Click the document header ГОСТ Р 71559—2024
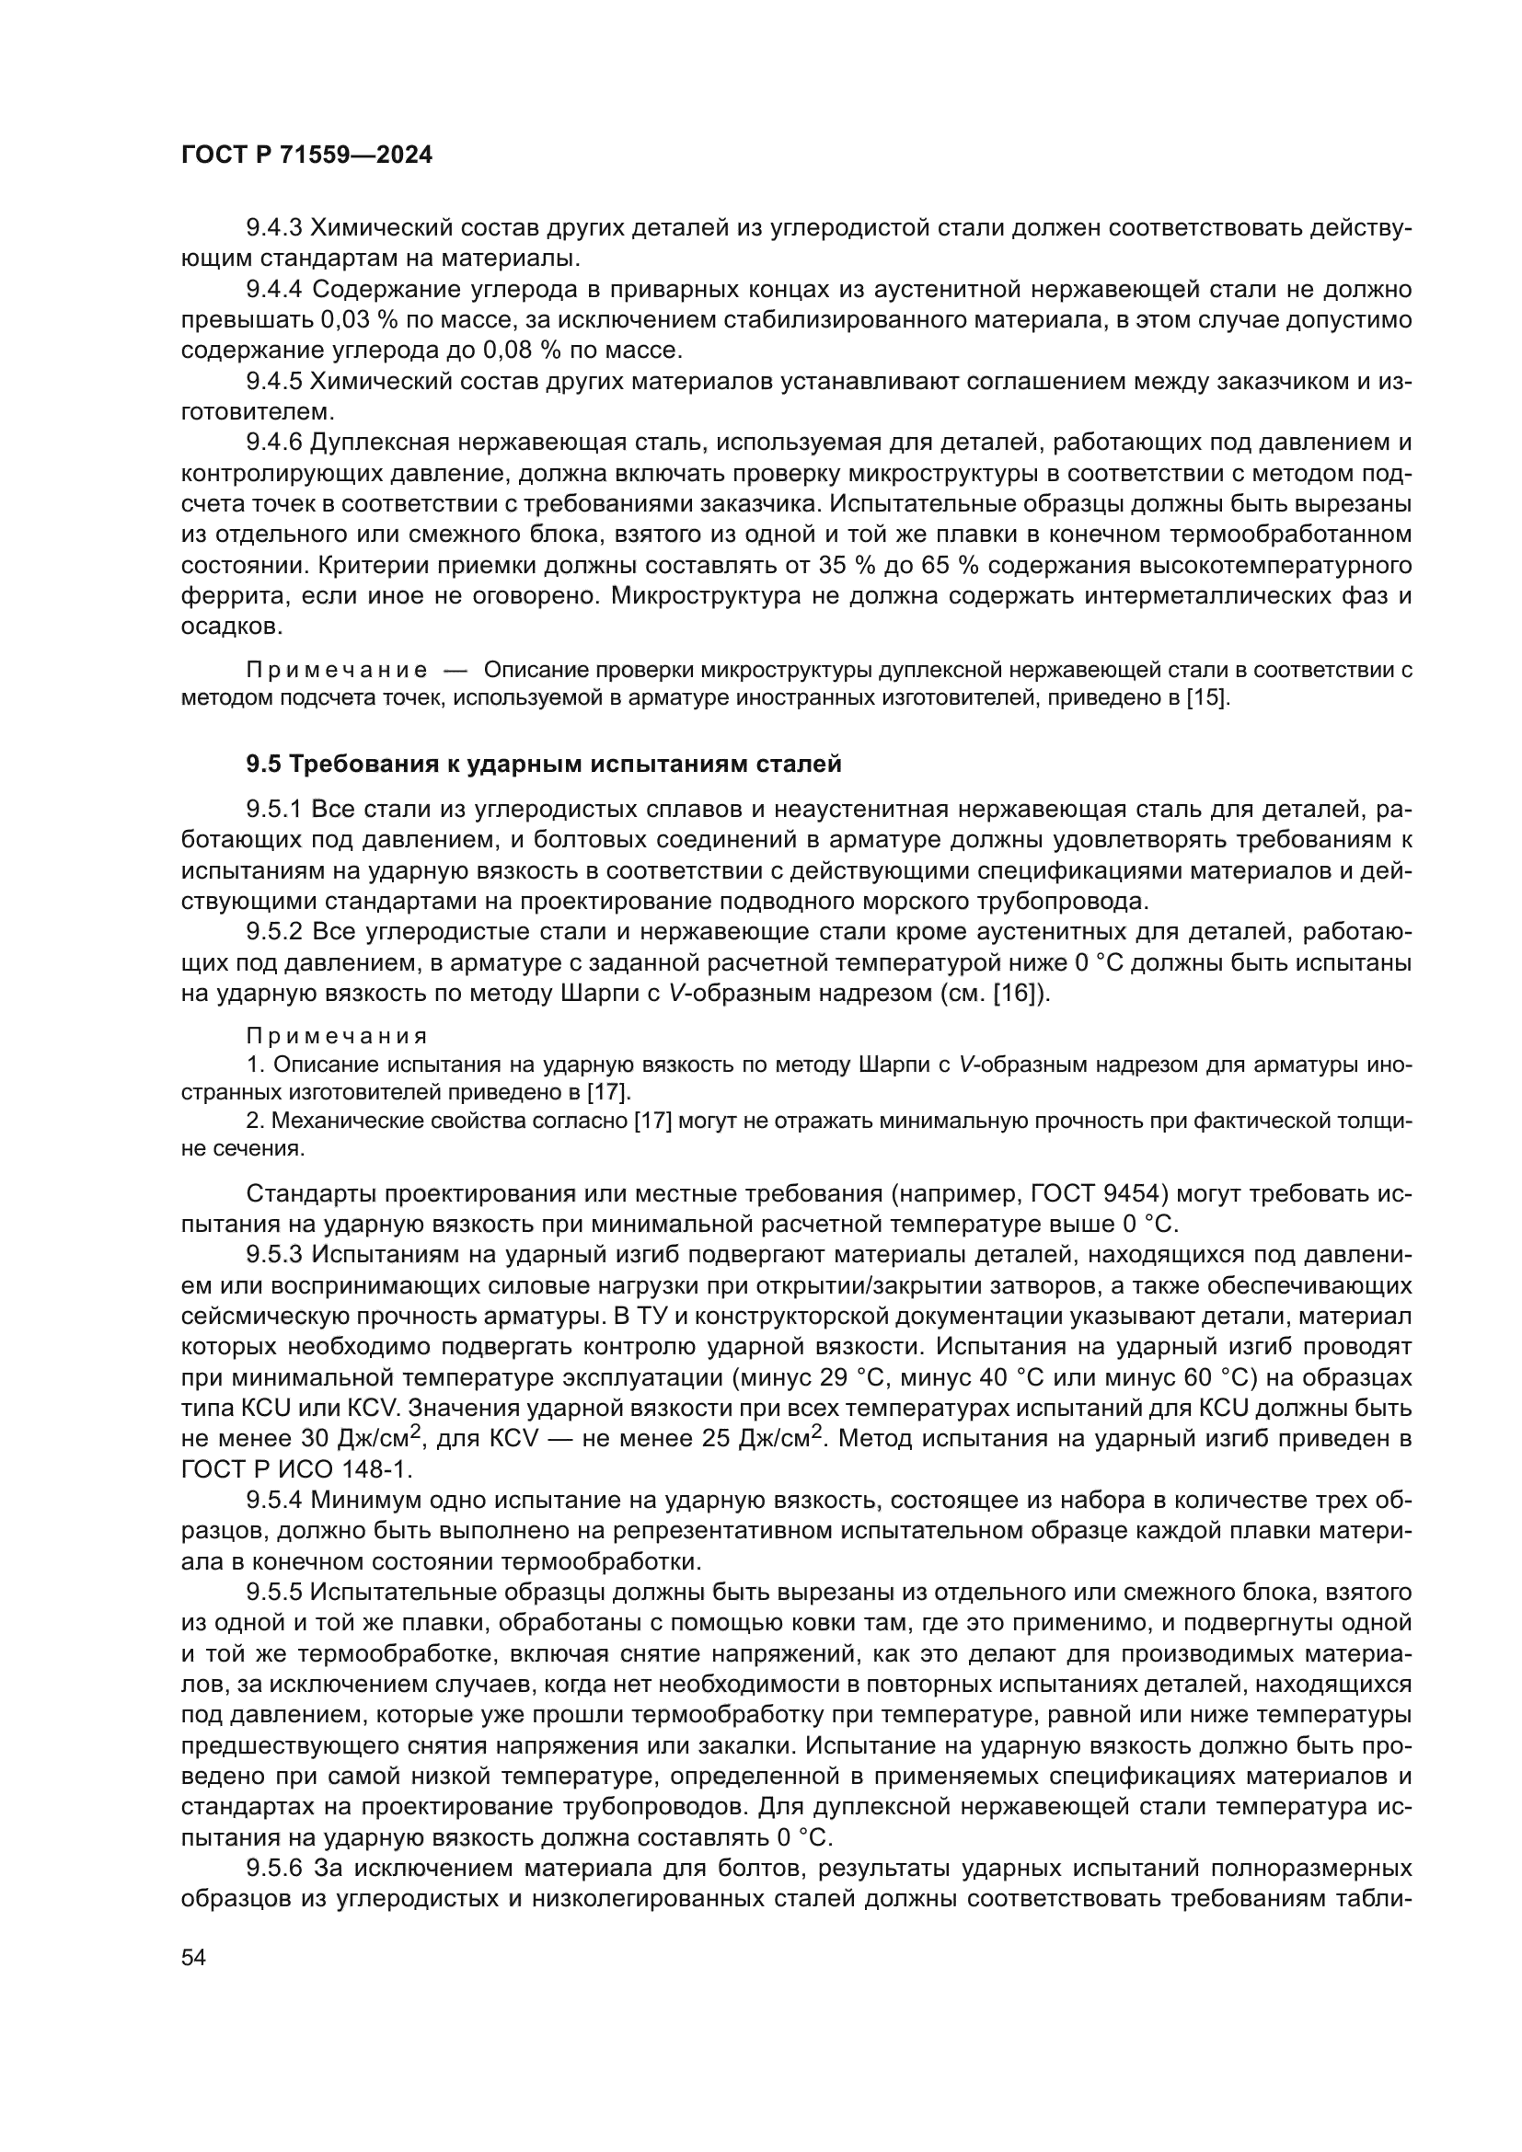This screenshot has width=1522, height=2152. click(x=306, y=155)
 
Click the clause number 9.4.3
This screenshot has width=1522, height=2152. click(x=273, y=228)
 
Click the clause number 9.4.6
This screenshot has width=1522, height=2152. click(x=273, y=443)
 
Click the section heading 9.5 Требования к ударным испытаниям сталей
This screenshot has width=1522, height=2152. click(x=544, y=764)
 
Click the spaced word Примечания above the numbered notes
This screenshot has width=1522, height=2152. click(x=337, y=1037)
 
